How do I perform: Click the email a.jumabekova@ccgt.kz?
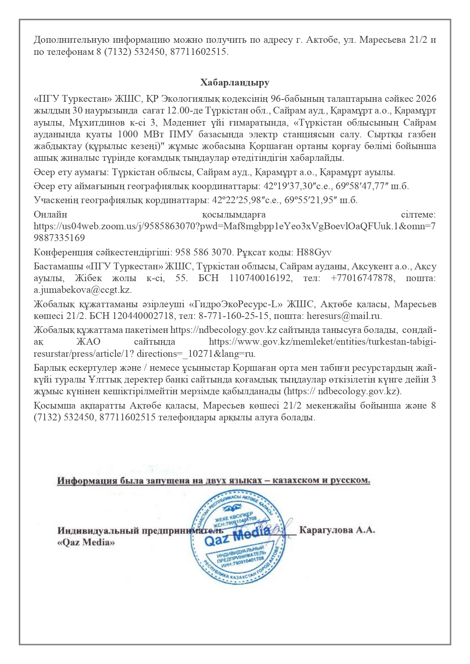(x=83, y=290)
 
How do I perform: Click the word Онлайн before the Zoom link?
(x=50, y=215)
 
